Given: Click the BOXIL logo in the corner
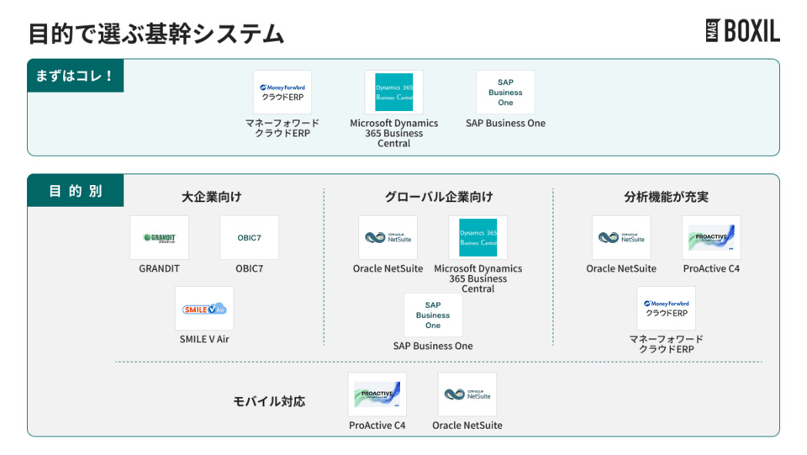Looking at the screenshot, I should tap(742, 31).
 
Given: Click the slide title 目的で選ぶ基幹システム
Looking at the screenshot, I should tap(156, 34).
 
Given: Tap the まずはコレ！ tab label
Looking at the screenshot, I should tap(75, 76).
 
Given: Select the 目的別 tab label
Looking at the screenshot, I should tap(75, 191).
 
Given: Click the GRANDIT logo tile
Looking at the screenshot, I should tap(159, 238).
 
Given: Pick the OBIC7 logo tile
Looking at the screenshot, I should tap(249, 238).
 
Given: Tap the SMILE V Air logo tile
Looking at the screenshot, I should tap(204, 309).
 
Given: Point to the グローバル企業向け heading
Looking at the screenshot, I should tap(439, 197).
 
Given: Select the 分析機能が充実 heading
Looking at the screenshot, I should tap(666, 197).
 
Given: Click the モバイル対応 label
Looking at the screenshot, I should tap(269, 401).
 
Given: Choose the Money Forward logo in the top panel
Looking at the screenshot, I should tap(282, 93).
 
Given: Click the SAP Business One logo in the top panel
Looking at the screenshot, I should tap(505, 93).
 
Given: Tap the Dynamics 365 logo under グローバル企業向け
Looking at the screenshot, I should tap(477, 238).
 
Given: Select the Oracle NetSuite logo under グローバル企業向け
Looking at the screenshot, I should tap(388, 238).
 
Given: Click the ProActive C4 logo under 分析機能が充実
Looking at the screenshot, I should tap(711, 238).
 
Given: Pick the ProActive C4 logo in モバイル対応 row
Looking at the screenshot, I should tap(377, 394).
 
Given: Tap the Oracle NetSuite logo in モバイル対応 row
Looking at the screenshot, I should tap(467, 394).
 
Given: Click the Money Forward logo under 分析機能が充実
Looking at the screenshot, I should tap(667, 309).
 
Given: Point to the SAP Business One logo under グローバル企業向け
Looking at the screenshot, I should tap(433, 315).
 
